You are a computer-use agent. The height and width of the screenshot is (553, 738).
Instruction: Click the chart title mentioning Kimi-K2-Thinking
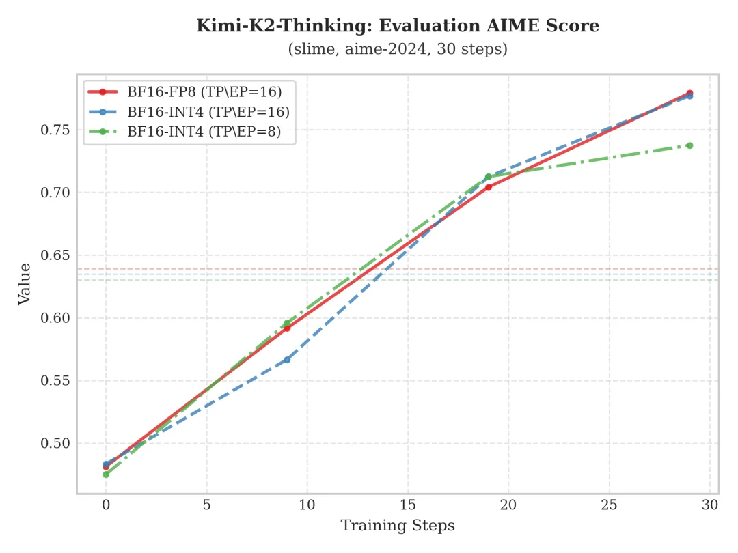[398, 26]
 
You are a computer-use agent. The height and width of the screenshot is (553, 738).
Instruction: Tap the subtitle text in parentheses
[398, 50]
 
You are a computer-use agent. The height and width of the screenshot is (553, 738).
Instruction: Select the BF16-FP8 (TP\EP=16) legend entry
[204, 91]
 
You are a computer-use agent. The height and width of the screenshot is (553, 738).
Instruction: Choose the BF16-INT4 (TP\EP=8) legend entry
[204, 132]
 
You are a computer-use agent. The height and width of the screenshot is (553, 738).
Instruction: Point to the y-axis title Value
[25, 283]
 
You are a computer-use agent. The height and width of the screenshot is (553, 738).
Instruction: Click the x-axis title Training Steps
[398, 526]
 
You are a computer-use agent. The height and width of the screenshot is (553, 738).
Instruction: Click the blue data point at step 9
[287, 359]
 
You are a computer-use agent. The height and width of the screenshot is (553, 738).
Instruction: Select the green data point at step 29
[689, 145]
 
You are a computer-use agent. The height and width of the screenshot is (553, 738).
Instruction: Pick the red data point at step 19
[489, 187]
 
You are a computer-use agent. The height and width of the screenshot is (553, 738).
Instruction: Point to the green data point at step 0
[106, 474]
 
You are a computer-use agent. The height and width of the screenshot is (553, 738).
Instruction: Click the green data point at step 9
[287, 323]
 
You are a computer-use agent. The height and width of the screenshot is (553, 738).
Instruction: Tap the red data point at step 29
[689, 93]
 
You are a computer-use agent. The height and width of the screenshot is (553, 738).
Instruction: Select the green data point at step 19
[489, 177]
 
